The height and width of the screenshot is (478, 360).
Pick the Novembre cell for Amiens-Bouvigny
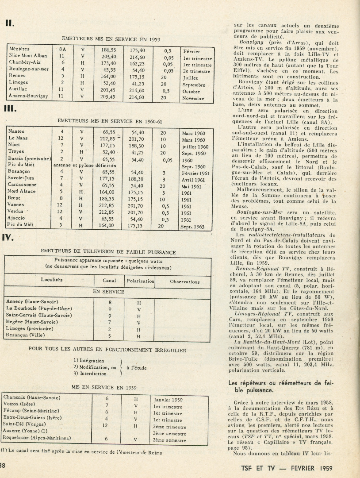coord(193,98)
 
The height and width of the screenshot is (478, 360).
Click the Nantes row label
coord(17,131)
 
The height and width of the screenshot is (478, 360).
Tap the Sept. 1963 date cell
coord(192,226)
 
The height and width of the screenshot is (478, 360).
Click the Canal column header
coord(109,281)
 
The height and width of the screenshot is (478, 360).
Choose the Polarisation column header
coord(140,281)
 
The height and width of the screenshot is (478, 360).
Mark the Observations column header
coord(185,281)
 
